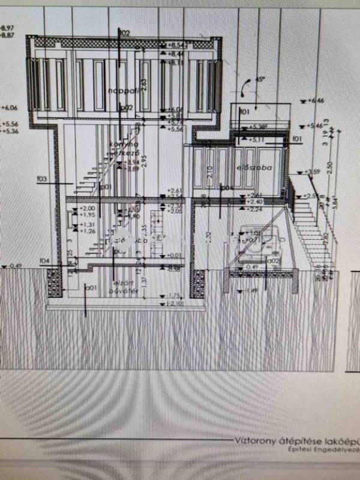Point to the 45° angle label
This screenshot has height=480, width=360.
coord(260,79)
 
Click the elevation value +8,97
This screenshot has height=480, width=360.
coord(8,28)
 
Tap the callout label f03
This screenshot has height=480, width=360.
coord(42,178)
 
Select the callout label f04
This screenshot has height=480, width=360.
coord(43,260)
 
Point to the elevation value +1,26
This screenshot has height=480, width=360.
coord(88,230)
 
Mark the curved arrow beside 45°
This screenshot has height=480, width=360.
coord(245,88)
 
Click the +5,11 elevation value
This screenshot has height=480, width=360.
coord(259,139)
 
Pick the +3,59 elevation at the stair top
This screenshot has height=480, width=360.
coord(313,173)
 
